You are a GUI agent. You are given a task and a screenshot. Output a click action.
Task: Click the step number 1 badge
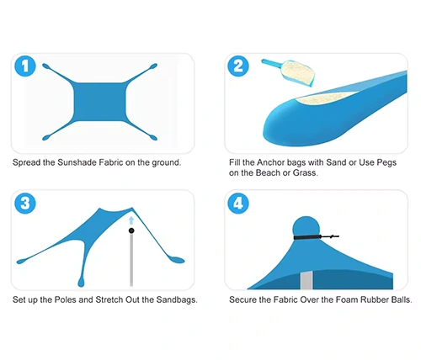[x=25, y=66]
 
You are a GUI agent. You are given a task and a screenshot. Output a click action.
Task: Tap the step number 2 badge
[x=238, y=66]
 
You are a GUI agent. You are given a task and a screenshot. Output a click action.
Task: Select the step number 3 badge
[x=25, y=204]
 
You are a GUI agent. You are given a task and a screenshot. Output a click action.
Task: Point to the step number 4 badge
[x=238, y=204]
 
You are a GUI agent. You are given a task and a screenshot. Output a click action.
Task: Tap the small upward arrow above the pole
[x=131, y=220]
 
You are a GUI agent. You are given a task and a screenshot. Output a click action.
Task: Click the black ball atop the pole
[x=131, y=230]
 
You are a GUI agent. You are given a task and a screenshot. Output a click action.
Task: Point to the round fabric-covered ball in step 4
[x=306, y=226]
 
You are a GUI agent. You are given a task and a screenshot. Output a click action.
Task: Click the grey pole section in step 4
[x=306, y=280]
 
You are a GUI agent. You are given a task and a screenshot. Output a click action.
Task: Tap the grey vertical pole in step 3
[x=131, y=260]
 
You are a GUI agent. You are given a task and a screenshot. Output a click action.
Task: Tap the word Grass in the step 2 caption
[x=306, y=172]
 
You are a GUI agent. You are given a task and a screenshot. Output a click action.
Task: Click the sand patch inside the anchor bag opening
[x=326, y=98]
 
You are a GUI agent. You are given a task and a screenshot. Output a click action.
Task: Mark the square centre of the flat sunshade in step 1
[x=99, y=102]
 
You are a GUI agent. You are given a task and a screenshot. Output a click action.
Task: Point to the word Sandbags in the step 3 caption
[x=177, y=299]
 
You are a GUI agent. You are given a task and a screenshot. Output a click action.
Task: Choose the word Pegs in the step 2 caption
[x=386, y=162]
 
